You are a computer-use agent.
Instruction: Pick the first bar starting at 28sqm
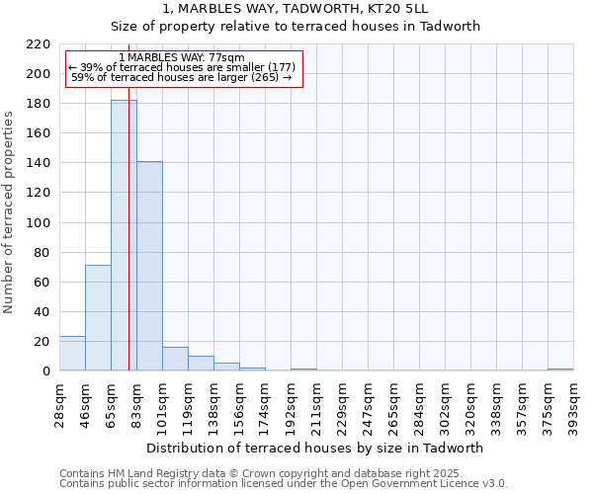72,353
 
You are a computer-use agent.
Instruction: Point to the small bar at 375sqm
560,370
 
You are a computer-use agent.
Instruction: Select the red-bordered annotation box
183,68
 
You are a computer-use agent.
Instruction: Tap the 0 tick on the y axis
45,371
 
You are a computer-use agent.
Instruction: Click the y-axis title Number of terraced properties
9,211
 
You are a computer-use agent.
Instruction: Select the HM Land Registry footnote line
260,473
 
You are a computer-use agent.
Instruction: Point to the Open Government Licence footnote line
284,484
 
